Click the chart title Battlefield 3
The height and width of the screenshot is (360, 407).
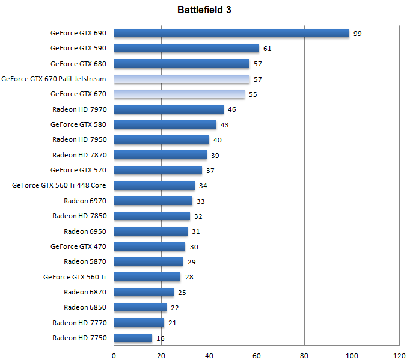[204, 10]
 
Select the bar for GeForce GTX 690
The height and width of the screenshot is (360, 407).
[231, 33]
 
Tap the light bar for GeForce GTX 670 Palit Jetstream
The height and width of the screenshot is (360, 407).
[182, 79]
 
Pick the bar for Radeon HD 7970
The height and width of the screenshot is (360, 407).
[168, 109]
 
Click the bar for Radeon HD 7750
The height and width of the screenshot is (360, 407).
[133, 338]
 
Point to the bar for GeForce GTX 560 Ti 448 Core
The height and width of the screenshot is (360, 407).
[155, 186]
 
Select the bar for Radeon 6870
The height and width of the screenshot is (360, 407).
[144, 292]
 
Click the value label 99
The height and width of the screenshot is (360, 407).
[357, 34]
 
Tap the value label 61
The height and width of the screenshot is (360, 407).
[267, 49]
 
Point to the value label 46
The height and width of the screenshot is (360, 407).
[231, 110]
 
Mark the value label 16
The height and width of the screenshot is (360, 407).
[160, 338]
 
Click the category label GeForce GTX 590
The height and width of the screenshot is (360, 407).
[78, 48]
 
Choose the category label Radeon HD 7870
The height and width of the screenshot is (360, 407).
[79, 155]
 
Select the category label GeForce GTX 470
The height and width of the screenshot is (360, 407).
[78, 246]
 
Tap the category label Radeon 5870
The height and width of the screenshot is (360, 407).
[85, 261]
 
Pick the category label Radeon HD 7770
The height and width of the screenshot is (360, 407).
[79, 323]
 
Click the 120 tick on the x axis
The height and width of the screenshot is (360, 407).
[399, 354]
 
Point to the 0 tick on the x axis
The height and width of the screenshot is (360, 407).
[114, 354]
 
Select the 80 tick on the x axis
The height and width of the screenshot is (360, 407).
[304, 354]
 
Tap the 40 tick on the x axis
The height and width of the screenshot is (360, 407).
[209, 354]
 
